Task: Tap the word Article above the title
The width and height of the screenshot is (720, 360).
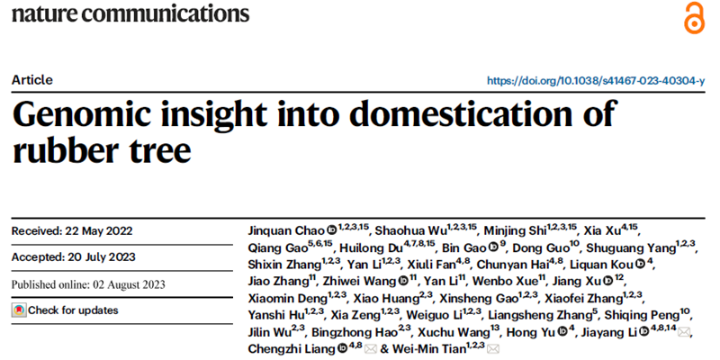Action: (x=32, y=79)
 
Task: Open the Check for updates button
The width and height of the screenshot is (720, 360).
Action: (x=65, y=310)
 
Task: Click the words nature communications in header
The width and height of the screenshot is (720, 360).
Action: (x=130, y=15)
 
